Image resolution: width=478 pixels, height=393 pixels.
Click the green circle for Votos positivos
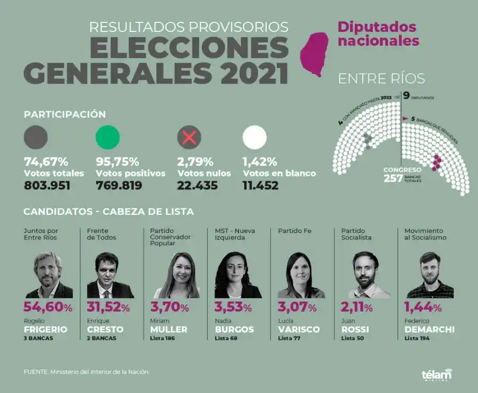tap(107, 137)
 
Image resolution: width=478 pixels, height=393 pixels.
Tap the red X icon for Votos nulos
tap(189, 138)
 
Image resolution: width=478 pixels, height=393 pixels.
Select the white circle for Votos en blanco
tap(254, 137)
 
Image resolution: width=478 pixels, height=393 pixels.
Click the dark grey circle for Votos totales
tap(36, 137)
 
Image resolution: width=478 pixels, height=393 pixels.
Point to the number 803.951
tap(47, 186)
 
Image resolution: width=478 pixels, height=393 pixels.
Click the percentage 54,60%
tap(48, 307)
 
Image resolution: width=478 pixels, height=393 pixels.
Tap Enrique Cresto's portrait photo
tap(110, 275)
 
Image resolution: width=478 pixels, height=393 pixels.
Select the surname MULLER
tap(169, 330)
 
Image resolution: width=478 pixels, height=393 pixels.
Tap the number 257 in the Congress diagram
tap(394, 178)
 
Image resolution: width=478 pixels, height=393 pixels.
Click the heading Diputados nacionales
tap(378, 34)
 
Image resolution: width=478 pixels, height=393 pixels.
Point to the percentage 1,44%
tap(423, 307)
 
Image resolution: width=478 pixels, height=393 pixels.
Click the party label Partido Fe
tap(295, 231)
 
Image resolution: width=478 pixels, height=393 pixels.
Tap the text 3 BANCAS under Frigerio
tap(38, 338)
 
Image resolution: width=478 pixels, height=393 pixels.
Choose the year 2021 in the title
tap(254, 73)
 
